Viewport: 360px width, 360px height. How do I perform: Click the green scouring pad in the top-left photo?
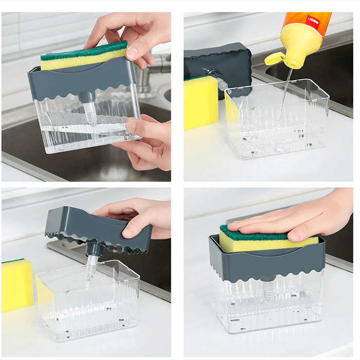[x=82, y=50]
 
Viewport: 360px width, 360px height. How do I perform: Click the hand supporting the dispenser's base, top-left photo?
[x=149, y=141]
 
